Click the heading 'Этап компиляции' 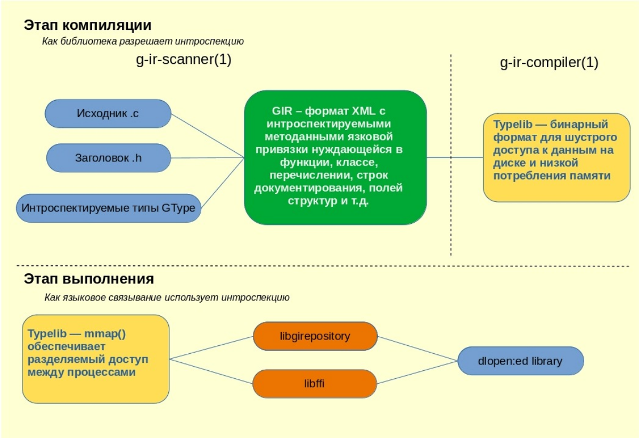tap(87, 25)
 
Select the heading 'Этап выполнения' tap(89, 279)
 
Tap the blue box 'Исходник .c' tap(108, 113)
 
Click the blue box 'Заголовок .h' tap(108, 157)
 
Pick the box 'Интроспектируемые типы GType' tap(110, 208)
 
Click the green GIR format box tap(335, 157)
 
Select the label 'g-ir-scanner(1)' tap(184, 60)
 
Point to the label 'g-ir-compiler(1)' tap(549, 63)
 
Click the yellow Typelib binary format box tap(556, 157)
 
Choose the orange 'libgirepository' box tap(315, 336)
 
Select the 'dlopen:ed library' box tap(520, 361)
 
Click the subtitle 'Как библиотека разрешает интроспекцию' tap(143, 41)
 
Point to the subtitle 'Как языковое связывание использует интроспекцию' tap(167, 297)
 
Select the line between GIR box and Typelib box tap(455, 158)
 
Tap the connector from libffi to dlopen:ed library tap(417, 372)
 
